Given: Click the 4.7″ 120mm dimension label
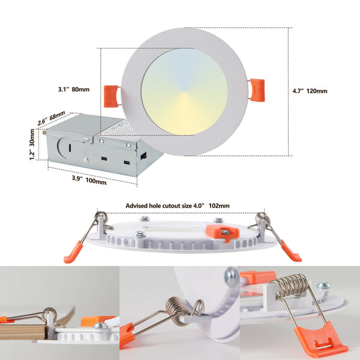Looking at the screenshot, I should click(x=310, y=91).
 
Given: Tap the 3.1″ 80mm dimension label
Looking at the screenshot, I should click(x=74, y=89).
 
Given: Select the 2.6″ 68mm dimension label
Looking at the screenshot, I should click(x=52, y=118).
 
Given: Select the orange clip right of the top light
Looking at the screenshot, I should click(x=256, y=89).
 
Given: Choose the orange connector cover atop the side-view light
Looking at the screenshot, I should click(x=222, y=232).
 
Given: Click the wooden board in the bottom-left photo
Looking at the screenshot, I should click(x=24, y=331).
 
